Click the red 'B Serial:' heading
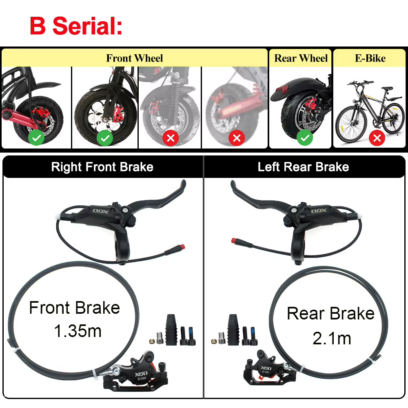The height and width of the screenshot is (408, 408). tap(76, 26)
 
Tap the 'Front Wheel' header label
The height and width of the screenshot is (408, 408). tap(135, 58)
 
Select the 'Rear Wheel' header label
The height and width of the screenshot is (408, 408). tap(301, 58)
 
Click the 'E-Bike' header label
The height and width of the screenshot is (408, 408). tap(370, 58)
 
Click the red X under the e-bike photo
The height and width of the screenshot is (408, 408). tap(377, 138)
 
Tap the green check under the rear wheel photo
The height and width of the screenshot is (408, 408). tap(305, 138)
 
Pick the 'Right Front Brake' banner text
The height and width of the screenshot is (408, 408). tap(102, 167)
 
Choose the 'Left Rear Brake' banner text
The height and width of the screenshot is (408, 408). tap(303, 167)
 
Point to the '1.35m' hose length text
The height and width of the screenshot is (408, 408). tap(78, 331)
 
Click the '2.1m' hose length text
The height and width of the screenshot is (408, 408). tap(332, 338)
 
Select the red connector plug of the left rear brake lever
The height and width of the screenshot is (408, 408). tap(233, 240)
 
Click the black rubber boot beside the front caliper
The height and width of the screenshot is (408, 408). tap(171, 330)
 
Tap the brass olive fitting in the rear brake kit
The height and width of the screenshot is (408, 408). tap(214, 341)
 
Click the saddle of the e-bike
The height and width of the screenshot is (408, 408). tap(387, 89)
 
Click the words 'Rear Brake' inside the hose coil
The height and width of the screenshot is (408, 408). tap(330, 313)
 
